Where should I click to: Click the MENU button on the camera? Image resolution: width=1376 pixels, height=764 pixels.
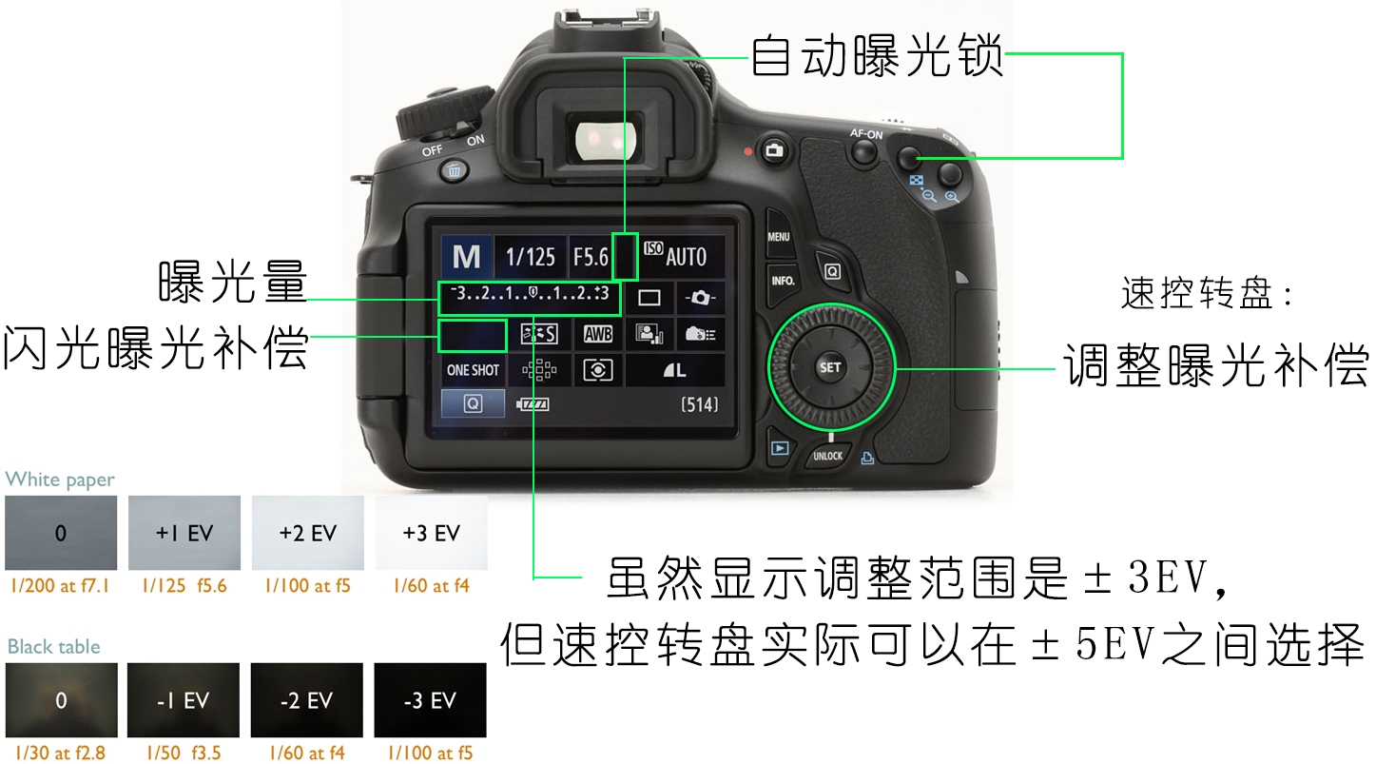pyautogui.click(x=779, y=236)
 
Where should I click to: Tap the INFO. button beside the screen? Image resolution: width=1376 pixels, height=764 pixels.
pyautogui.click(x=783, y=281)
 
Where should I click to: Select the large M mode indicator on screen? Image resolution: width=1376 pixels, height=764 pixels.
pyautogui.click(x=466, y=256)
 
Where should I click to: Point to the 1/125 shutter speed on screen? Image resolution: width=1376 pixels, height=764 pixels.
pyautogui.click(x=530, y=256)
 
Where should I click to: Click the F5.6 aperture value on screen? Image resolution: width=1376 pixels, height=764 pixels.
pyautogui.click(x=591, y=256)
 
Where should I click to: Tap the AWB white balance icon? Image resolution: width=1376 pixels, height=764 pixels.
pyautogui.click(x=598, y=334)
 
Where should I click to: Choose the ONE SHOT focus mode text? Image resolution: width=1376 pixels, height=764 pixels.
pyautogui.click(x=473, y=370)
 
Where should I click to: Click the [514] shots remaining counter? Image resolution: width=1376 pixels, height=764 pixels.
pyautogui.click(x=699, y=404)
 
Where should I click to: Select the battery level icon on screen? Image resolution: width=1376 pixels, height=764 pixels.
pyautogui.click(x=533, y=403)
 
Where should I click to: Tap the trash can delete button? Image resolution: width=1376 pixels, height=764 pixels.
pyautogui.click(x=454, y=169)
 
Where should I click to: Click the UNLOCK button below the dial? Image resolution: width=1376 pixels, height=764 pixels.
pyautogui.click(x=827, y=456)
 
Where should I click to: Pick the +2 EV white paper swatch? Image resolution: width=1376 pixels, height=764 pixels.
pyautogui.click(x=308, y=532)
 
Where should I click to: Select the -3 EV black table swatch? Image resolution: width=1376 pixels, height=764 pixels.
pyautogui.click(x=430, y=699)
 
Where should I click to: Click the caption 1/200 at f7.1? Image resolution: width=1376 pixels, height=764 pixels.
pyautogui.click(x=60, y=586)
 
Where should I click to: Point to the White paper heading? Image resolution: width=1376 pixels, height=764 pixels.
pyautogui.click(x=60, y=479)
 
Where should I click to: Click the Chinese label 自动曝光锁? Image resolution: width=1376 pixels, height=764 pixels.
pyautogui.click(x=877, y=56)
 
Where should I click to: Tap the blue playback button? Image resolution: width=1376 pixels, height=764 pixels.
pyautogui.click(x=780, y=448)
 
